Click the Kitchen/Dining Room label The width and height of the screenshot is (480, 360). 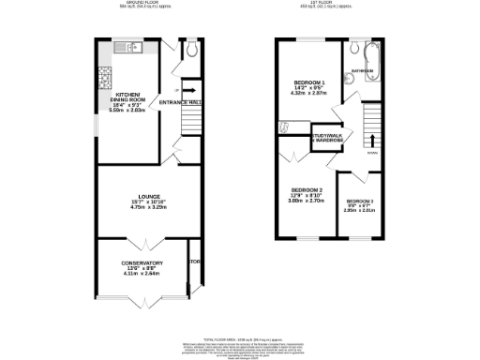(129, 97)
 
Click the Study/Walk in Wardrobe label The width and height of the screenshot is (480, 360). (326, 139)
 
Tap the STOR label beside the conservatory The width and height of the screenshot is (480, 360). (195, 262)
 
